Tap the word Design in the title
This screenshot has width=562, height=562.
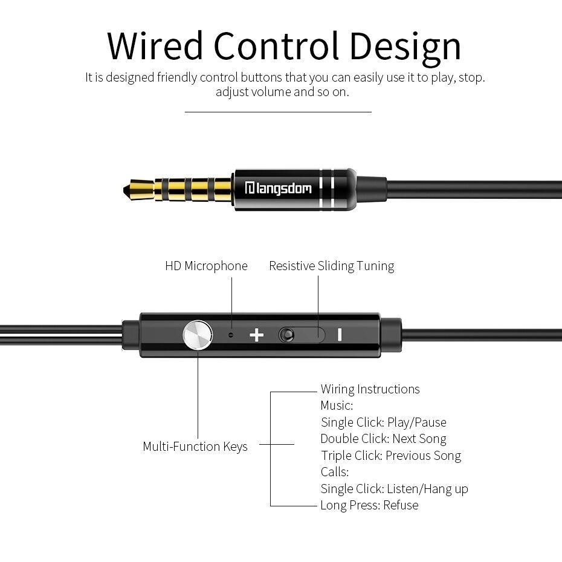[x=405, y=48]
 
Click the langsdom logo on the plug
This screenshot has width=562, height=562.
[x=278, y=188]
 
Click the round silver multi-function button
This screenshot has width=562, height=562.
[x=198, y=335]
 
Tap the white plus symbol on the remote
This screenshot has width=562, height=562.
[x=257, y=335]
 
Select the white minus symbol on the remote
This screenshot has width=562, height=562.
[x=339, y=335]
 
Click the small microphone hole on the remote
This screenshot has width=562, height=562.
[x=231, y=335]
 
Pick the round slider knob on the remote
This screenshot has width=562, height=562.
[x=286, y=335]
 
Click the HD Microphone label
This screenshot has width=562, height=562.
[x=206, y=266]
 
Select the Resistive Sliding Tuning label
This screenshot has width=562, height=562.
[x=332, y=266]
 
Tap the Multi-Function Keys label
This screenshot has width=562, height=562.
[x=195, y=447]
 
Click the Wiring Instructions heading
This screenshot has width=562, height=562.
[x=370, y=389]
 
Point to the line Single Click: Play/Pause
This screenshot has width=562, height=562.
[x=384, y=422]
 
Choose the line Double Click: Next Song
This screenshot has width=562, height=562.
[x=384, y=439]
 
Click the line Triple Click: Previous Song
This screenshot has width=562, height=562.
[x=390, y=456]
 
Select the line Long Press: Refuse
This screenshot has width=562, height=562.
[x=369, y=505]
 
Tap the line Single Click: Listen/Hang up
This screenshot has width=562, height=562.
[x=394, y=489]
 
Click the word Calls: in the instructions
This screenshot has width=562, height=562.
[x=334, y=472]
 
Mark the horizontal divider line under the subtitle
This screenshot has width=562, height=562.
[x=278, y=112]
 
